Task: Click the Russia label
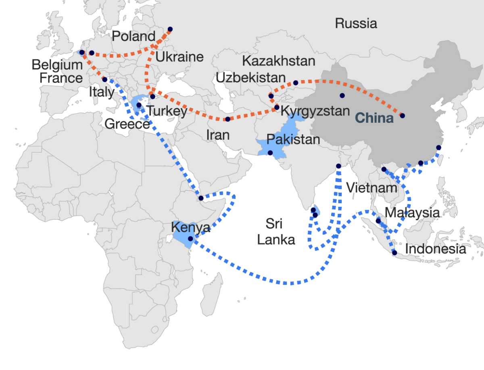356,23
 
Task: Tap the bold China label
374,118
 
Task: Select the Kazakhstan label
278,61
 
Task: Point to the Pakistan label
293,140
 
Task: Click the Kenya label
190,227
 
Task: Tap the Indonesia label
435,249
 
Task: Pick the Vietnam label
371,188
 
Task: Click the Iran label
218,135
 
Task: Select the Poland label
133,36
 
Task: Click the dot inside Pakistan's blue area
270,153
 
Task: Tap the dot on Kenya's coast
190,239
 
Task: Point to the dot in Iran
227,119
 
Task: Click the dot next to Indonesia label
394,253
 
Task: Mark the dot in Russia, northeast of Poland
170,29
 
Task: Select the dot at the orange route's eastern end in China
402,116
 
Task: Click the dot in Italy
104,80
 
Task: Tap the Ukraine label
179,57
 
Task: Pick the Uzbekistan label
250,78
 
